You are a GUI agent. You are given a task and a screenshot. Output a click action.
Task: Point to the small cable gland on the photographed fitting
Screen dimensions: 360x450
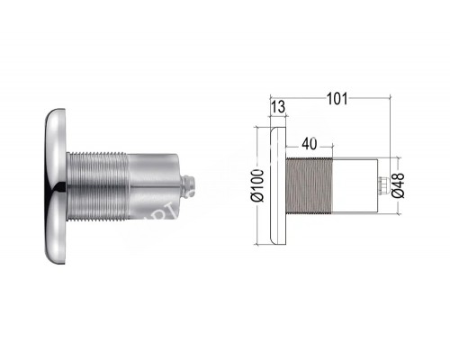pos(188,185)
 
